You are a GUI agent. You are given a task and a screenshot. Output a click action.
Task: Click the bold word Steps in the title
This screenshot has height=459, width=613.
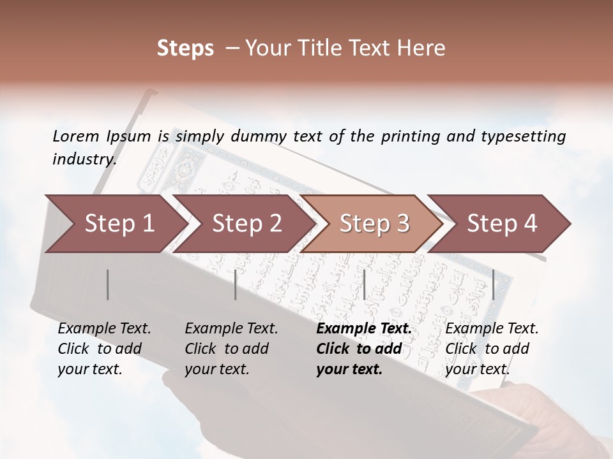(x=185, y=48)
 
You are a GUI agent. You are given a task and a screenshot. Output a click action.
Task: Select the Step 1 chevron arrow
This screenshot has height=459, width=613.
(x=115, y=223)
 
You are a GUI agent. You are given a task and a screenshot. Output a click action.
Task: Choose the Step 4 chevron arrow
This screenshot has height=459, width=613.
(x=501, y=223)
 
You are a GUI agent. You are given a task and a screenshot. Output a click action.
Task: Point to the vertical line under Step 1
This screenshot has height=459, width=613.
(x=108, y=284)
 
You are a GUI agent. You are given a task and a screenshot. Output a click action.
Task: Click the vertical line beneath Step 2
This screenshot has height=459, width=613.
(x=236, y=284)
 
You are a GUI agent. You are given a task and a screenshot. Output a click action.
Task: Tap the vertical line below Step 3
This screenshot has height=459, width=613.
(x=364, y=284)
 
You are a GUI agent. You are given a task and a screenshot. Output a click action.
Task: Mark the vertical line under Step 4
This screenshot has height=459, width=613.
(x=493, y=284)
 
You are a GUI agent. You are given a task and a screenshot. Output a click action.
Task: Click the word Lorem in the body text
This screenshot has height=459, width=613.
(x=76, y=136)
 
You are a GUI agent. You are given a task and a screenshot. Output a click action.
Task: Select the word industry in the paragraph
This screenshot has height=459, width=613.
(x=84, y=159)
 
